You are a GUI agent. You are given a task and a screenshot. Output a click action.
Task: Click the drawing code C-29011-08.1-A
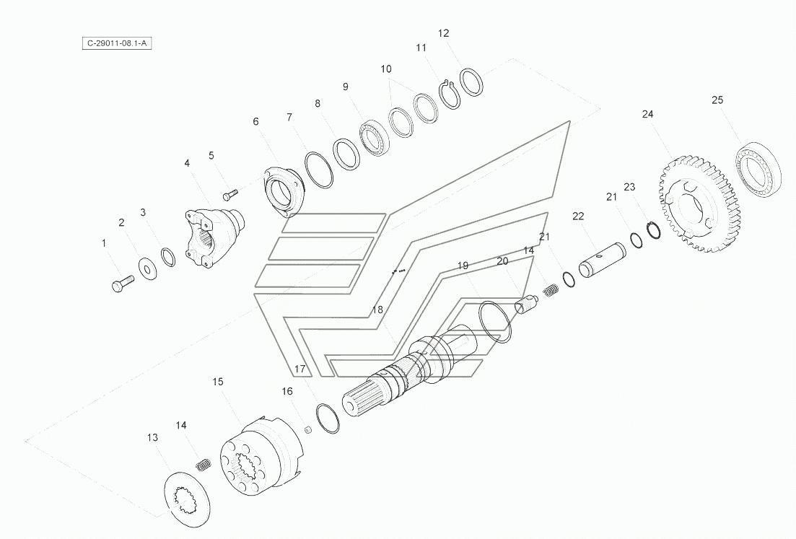click(x=117, y=43)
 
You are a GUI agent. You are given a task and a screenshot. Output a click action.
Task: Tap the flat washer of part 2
click(x=148, y=268)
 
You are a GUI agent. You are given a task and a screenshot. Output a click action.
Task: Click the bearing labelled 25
click(x=759, y=168)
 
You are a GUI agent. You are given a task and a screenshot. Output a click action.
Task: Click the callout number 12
click(x=443, y=33)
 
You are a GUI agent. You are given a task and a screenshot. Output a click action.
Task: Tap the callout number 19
click(x=463, y=266)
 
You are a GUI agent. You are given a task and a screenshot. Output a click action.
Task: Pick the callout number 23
click(x=629, y=187)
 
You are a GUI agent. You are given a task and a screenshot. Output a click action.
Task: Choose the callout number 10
click(x=386, y=69)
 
